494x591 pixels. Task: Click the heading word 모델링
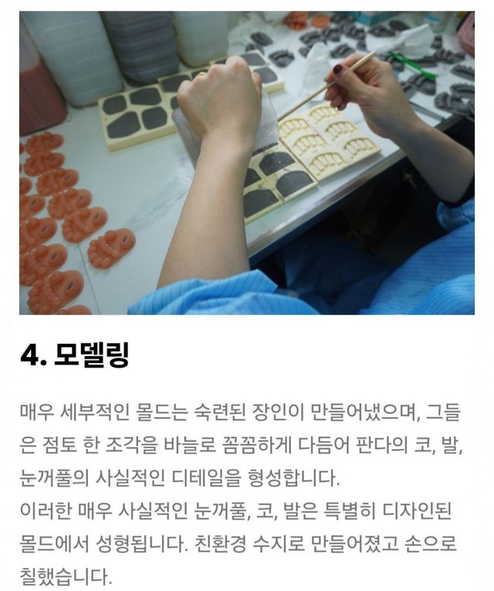pyautogui.click(x=92, y=355)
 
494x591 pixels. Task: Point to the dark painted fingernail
pyautogui.click(x=339, y=70)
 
